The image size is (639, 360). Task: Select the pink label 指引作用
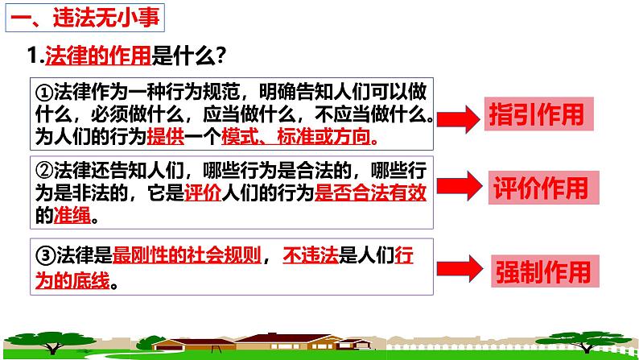pyautogui.click(x=536, y=115)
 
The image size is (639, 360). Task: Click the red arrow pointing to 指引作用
pyautogui.click(x=461, y=119)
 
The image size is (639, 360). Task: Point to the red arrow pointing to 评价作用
pyautogui.click(x=462, y=189)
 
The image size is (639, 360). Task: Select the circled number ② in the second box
pyautogui.click(x=45, y=169)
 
